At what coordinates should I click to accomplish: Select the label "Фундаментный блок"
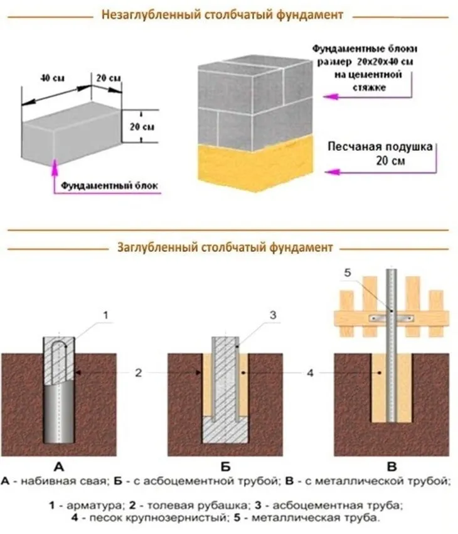click(x=110, y=185)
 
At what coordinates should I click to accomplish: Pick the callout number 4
click(x=312, y=372)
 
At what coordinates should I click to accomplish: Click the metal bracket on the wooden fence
click(x=388, y=317)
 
